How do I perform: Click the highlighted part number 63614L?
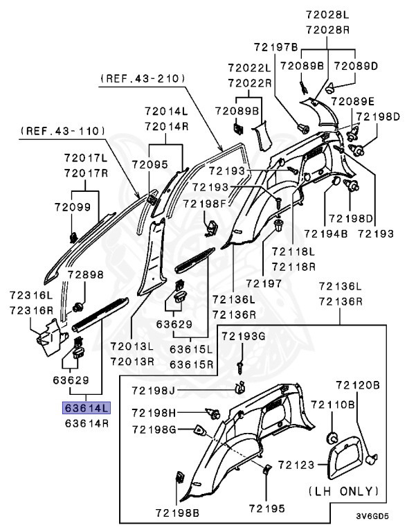click(x=86, y=408)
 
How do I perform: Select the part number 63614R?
click(x=86, y=422)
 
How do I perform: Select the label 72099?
click(x=73, y=206)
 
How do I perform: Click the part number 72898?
click(x=85, y=274)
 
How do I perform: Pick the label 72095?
click(x=163, y=164)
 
